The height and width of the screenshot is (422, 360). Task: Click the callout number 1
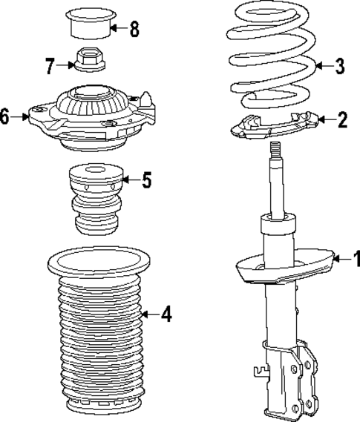pyautogui.click(x=354, y=259)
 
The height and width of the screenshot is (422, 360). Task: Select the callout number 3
pyautogui.click(x=339, y=67)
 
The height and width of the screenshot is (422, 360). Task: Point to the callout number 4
pyautogui.click(x=166, y=315)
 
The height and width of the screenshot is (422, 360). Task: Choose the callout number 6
pyautogui.click(x=6, y=117)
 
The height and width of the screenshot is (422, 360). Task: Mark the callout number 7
pyautogui.click(x=50, y=66)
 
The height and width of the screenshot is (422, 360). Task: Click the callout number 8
pyautogui.click(x=134, y=30)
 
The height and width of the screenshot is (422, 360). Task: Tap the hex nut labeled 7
pyautogui.click(x=88, y=59)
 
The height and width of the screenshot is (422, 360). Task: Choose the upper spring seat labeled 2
pyautogui.click(x=275, y=124)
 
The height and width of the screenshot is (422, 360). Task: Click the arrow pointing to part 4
pyautogui.click(x=148, y=315)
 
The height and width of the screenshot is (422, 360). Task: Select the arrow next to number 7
pyautogui.click(x=66, y=66)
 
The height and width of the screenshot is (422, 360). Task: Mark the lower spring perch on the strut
pyautogui.click(x=282, y=271)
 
